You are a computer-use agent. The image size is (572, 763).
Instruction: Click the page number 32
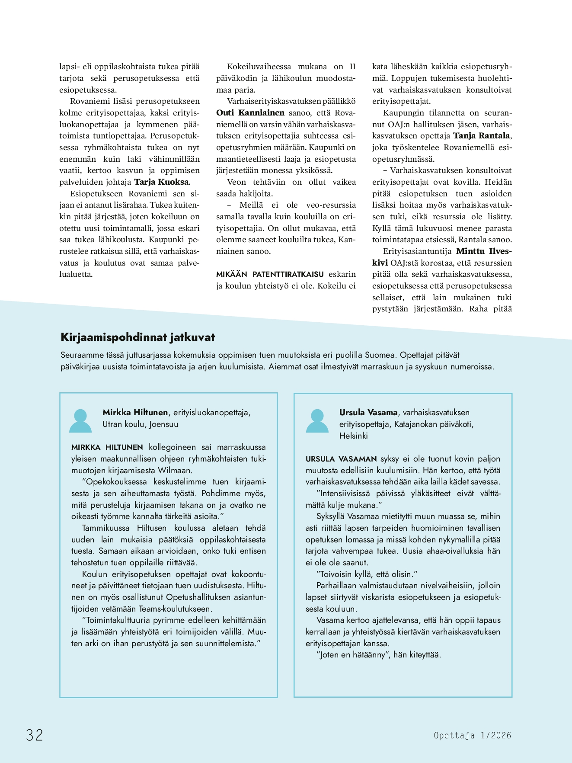(35, 735)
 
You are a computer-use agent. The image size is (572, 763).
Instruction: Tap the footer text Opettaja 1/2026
(472, 735)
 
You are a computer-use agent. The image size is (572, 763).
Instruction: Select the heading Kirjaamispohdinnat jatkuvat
(137, 337)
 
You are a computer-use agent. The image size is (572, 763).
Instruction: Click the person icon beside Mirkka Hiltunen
(80, 421)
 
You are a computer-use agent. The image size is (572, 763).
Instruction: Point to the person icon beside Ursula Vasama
(317, 421)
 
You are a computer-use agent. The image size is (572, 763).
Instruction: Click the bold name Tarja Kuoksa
(161, 182)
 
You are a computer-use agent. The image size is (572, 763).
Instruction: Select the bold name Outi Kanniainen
(250, 113)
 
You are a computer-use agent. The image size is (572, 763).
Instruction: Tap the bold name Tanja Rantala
(482, 136)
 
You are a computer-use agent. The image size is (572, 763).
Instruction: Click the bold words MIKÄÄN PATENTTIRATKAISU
(270, 274)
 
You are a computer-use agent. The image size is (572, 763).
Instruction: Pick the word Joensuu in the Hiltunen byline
(164, 424)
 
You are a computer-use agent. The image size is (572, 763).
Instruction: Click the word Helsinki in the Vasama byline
(353, 436)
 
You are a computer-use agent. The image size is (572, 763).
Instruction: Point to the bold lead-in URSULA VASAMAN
(341, 459)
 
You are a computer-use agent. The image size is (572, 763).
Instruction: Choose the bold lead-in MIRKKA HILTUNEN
(107, 447)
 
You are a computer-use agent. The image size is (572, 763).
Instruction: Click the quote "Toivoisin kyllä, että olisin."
(367, 574)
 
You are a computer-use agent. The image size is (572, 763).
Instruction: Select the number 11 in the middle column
(352, 67)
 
